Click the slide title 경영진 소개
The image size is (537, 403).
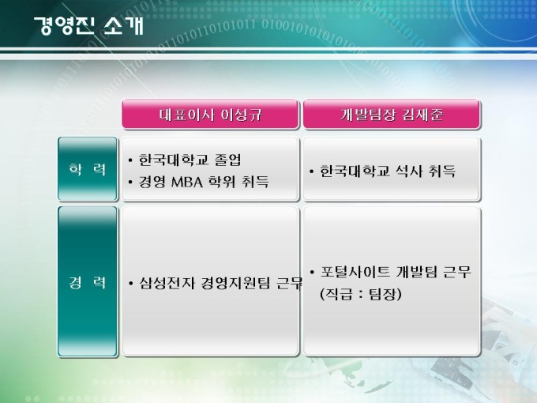tap(88, 25)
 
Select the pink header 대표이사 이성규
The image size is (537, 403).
tap(210, 114)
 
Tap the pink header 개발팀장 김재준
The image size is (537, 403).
tap(392, 114)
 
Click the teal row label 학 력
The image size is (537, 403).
tap(88, 169)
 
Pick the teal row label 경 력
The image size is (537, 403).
tap(88, 281)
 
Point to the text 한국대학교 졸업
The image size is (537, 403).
tap(190, 160)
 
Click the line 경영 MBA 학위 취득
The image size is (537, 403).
tap(204, 182)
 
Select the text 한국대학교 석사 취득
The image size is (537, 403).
tap(388, 171)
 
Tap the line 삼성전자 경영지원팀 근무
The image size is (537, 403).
tap(221, 283)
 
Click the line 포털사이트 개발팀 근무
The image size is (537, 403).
tap(396, 272)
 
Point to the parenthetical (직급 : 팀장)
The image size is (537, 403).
tap(360, 294)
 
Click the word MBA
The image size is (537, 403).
tap(187, 182)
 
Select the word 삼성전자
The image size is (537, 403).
tap(167, 283)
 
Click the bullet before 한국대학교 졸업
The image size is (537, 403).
tap(130, 160)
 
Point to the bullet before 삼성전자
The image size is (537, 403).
tap(130, 284)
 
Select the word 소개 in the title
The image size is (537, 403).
tap(123, 25)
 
